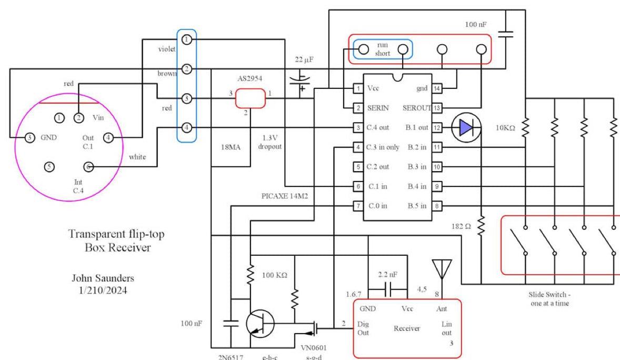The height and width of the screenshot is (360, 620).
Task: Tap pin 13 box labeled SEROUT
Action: (x=436, y=108)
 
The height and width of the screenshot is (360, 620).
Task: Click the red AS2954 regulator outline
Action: (x=249, y=98)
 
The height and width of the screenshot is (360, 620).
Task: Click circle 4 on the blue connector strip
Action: (x=186, y=127)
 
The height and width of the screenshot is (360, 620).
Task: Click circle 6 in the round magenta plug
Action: (x=89, y=167)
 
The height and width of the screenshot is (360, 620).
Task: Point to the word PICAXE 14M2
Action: (x=284, y=196)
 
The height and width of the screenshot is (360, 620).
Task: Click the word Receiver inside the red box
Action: (x=407, y=328)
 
